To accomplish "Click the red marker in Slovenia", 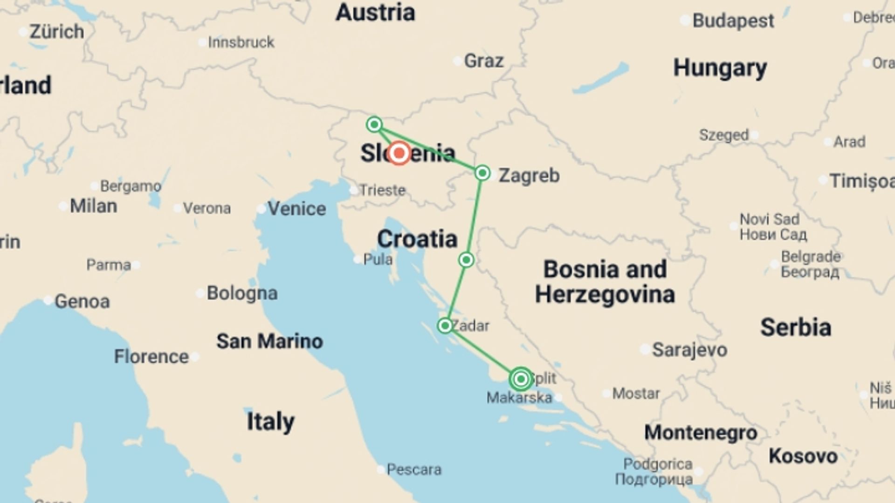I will [399, 153].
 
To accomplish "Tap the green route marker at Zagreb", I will [482, 173].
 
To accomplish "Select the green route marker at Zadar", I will [445, 326].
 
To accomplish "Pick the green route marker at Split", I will [521, 379].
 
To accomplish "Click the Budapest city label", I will [733, 21].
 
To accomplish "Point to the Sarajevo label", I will [689, 350].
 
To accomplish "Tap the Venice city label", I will [296, 209].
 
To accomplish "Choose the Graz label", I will [484, 61].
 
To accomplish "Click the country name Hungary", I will [720, 68].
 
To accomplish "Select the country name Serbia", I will [796, 327].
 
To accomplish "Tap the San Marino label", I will [269, 341].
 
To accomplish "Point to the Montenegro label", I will [701, 433].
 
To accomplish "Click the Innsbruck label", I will [241, 42].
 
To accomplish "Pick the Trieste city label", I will [382, 190].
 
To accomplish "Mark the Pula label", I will [377, 259].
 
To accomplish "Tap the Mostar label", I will [636, 394].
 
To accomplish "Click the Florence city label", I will [151, 357].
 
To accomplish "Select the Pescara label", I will [414, 469].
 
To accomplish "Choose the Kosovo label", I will [803, 456].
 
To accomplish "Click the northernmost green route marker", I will [374, 124].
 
